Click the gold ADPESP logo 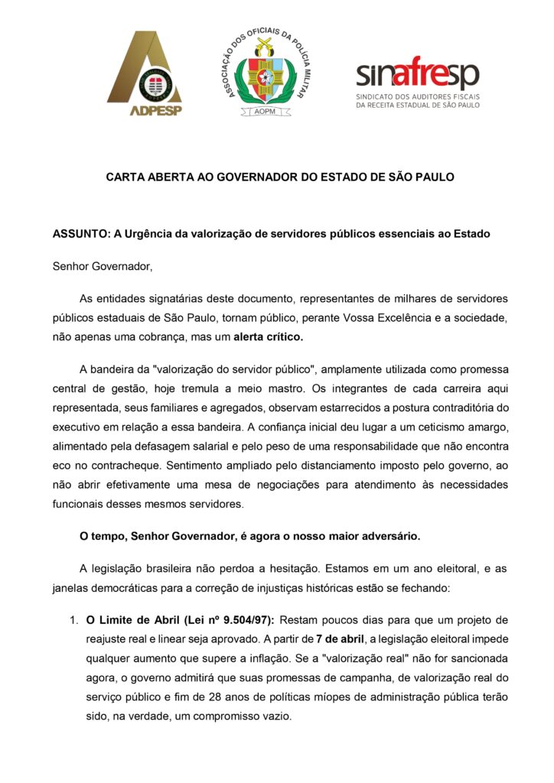click(x=145, y=74)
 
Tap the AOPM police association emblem click(x=262, y=73)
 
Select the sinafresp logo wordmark click(x=417, y=75)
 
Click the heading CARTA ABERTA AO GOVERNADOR click(x=280, y=177)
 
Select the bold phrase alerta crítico click(x=268, y=336)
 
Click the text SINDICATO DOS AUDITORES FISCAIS click(x=417, y=97)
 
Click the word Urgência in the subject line click(x=147, y=233)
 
